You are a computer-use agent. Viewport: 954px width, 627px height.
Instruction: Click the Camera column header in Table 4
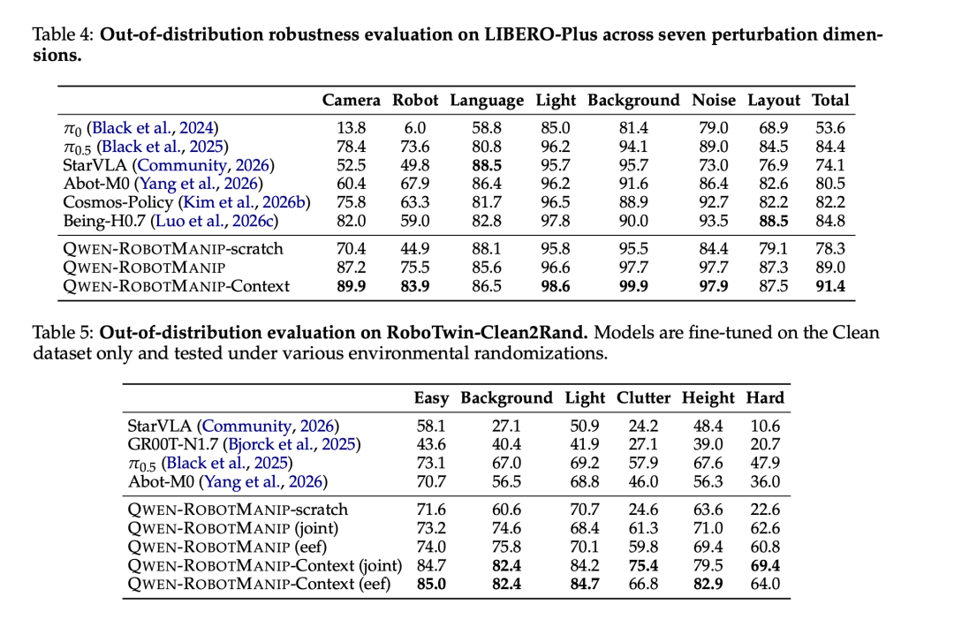coord(351,101)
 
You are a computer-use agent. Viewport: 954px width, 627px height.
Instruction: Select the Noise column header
coord(713,101)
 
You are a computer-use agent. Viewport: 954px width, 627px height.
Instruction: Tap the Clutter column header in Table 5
coord(643,397)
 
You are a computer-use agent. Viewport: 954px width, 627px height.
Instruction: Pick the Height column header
coord(708,398)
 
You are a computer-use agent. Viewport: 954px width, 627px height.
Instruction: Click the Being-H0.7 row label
coord(104,221)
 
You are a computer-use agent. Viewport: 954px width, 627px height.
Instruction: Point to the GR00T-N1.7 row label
coord(172,444)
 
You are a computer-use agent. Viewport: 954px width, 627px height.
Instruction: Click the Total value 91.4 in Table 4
coord(829,286)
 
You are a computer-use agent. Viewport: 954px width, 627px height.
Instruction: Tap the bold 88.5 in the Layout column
coord(773,221)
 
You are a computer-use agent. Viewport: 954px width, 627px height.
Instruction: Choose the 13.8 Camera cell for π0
coord(351,128)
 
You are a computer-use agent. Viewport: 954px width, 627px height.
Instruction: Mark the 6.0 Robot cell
coord(415,128)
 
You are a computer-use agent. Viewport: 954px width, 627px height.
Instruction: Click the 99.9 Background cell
coord(633,286)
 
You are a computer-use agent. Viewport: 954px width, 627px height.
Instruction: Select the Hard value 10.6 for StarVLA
coord(765,426)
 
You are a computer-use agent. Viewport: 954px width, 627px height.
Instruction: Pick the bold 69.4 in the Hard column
coord(765,565)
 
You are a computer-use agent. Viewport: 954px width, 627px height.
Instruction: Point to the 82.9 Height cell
coord(708,585)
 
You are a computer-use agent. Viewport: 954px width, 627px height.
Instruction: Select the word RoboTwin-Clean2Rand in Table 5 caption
coord(487,333)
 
